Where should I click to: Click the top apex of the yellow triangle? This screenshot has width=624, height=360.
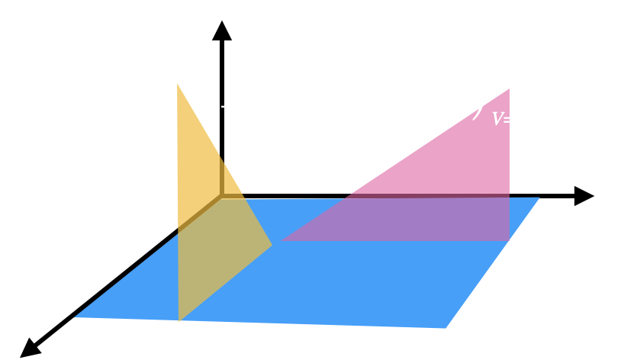click(x=178, y=83)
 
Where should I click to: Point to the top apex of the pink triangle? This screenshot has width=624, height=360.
click(x=509, y=88)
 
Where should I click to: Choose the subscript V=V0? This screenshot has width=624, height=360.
click(x=513, y=120)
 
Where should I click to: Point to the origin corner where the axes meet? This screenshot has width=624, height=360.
click(x=222, y=197)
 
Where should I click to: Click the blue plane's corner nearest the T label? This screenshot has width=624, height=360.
click(x=539, y=198)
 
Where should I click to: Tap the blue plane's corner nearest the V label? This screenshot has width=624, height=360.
click(x=74, y=317)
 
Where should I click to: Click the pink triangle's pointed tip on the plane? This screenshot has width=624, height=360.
click(x=283, y=240)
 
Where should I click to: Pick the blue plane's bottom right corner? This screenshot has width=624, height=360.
click(x=446, y=328)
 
